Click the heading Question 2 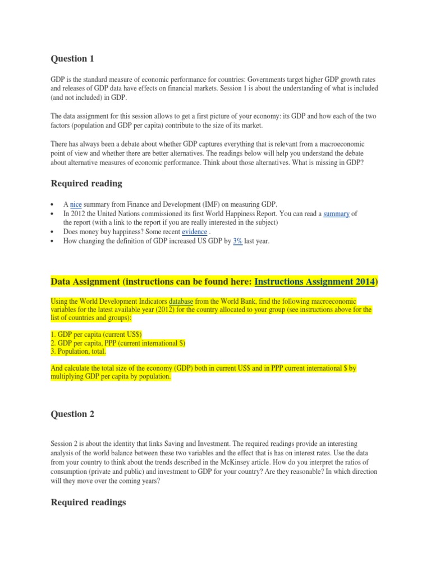click(73, 414)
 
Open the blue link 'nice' click(76, 204)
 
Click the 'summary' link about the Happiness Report click(337, 213)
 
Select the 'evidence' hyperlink click(194, 231)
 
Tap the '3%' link click(237, 241)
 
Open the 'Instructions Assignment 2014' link click(315, 281)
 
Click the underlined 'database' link click(181, 301)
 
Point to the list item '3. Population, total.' click(78, 352)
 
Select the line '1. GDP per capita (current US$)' click(97, 334)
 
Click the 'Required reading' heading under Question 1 click(86, 183)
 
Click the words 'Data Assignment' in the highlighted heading click(86, 281)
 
